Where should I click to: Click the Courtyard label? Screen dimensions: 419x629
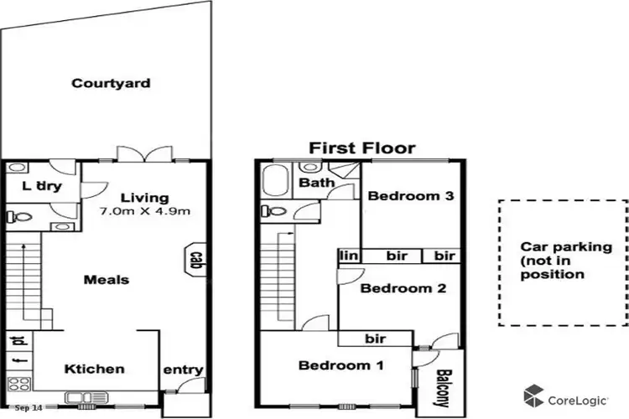pyautogui.click(x=111, y=83)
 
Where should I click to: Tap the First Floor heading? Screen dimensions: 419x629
pyautogui.click(x=361, y=148)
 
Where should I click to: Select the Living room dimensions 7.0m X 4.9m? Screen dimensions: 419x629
pyautogui.click(x=144, y=211)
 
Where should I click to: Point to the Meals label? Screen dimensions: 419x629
pyautogui.click(x=107, y=279)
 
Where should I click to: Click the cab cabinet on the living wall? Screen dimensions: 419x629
pyautogui.click(x=195, y=261)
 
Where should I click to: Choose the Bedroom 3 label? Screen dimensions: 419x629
pyautogui.click(x=411, y=197)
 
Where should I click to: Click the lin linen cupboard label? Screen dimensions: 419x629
pyautogui.click(x=346, y=255)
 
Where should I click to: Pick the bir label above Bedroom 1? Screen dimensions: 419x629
pyautogui.click(x=375, y=339)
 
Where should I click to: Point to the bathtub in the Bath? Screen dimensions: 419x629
pyautogui.click(x=276, y=181)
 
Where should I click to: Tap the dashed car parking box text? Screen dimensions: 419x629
pyautogui.click(x=563, y=261)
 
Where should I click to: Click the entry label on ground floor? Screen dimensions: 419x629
pyautogui.click(x=184, y=370)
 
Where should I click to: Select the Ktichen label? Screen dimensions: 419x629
pyautogui.click(x=95, y=369)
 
